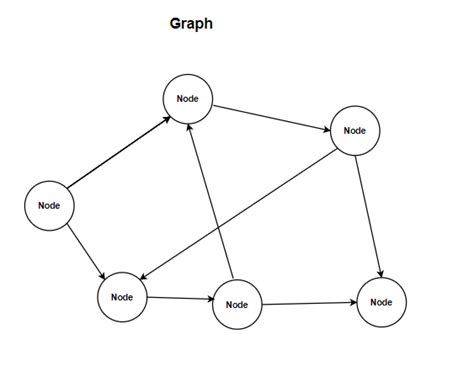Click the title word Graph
coord(191,23)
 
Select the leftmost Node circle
coord(49,205)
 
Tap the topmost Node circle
coord(188,99)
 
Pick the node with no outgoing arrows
coord(380,302)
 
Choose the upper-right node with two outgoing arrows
coord(355,130)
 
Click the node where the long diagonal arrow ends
coord(122,297)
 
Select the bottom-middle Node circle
coord(237,305)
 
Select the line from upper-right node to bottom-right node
coord(370,215)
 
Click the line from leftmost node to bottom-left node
coord(85,250)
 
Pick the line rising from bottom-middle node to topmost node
coord(213,200)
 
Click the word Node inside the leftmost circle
coord(49,205)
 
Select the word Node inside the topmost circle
coord(188,99)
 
